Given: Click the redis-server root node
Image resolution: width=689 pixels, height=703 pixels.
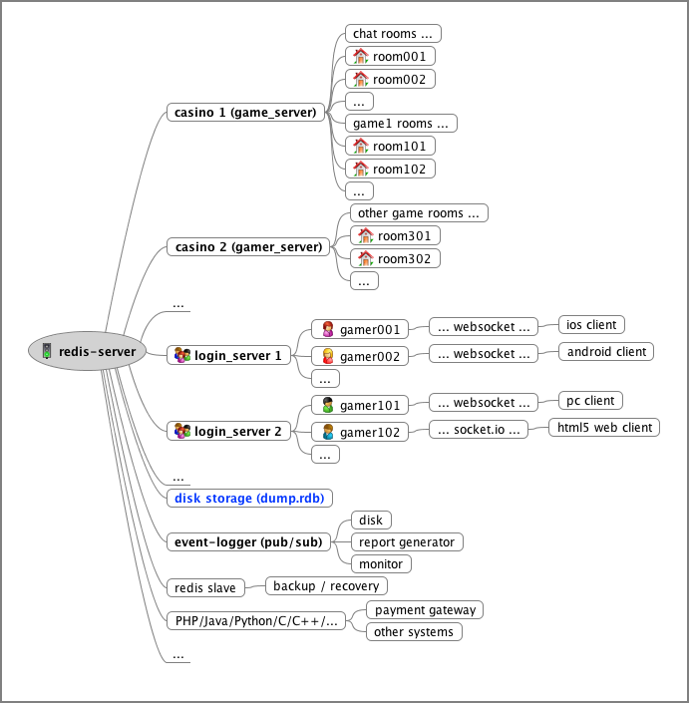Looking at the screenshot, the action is pos(88,351).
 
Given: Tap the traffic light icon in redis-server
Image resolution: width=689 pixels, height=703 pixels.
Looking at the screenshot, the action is pos(47,351).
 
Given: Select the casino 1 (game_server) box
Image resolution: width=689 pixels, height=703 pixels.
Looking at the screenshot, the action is pos(245,112).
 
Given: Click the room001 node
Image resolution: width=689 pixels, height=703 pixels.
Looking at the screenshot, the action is pos(390,56).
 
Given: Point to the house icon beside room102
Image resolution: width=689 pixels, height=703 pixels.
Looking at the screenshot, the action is pos(360,169).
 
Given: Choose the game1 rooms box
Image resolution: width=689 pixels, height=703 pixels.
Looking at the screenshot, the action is pos(401,124).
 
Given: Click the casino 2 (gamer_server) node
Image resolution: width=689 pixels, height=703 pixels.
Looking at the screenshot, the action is pos(248,247).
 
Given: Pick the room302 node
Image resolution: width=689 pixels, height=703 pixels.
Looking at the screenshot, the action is pos(395,258).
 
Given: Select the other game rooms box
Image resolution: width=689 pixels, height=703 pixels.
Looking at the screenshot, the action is pos(419,213).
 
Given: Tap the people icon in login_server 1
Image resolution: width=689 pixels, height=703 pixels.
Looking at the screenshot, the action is pos(182,355).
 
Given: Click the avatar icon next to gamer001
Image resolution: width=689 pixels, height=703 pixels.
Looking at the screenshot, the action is pos(328,329).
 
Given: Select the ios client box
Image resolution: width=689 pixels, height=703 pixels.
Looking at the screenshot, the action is pos(591,325).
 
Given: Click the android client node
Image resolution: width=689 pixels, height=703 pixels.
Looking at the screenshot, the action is pos(606,351).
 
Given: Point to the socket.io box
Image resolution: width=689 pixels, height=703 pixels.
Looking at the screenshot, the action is pos(479,430).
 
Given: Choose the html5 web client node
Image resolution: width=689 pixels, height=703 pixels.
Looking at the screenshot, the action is pos(604,427).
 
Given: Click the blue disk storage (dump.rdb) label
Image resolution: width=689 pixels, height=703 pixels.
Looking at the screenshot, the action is pos(249,499).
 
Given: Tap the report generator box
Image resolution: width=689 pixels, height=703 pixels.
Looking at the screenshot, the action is pos(407,542).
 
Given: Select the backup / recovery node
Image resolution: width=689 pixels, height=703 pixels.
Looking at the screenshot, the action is pos(326,586).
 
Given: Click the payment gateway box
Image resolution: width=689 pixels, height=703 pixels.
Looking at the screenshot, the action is pos(425,609).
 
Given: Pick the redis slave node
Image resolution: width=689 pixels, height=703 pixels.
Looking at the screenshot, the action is pos(205,587).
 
